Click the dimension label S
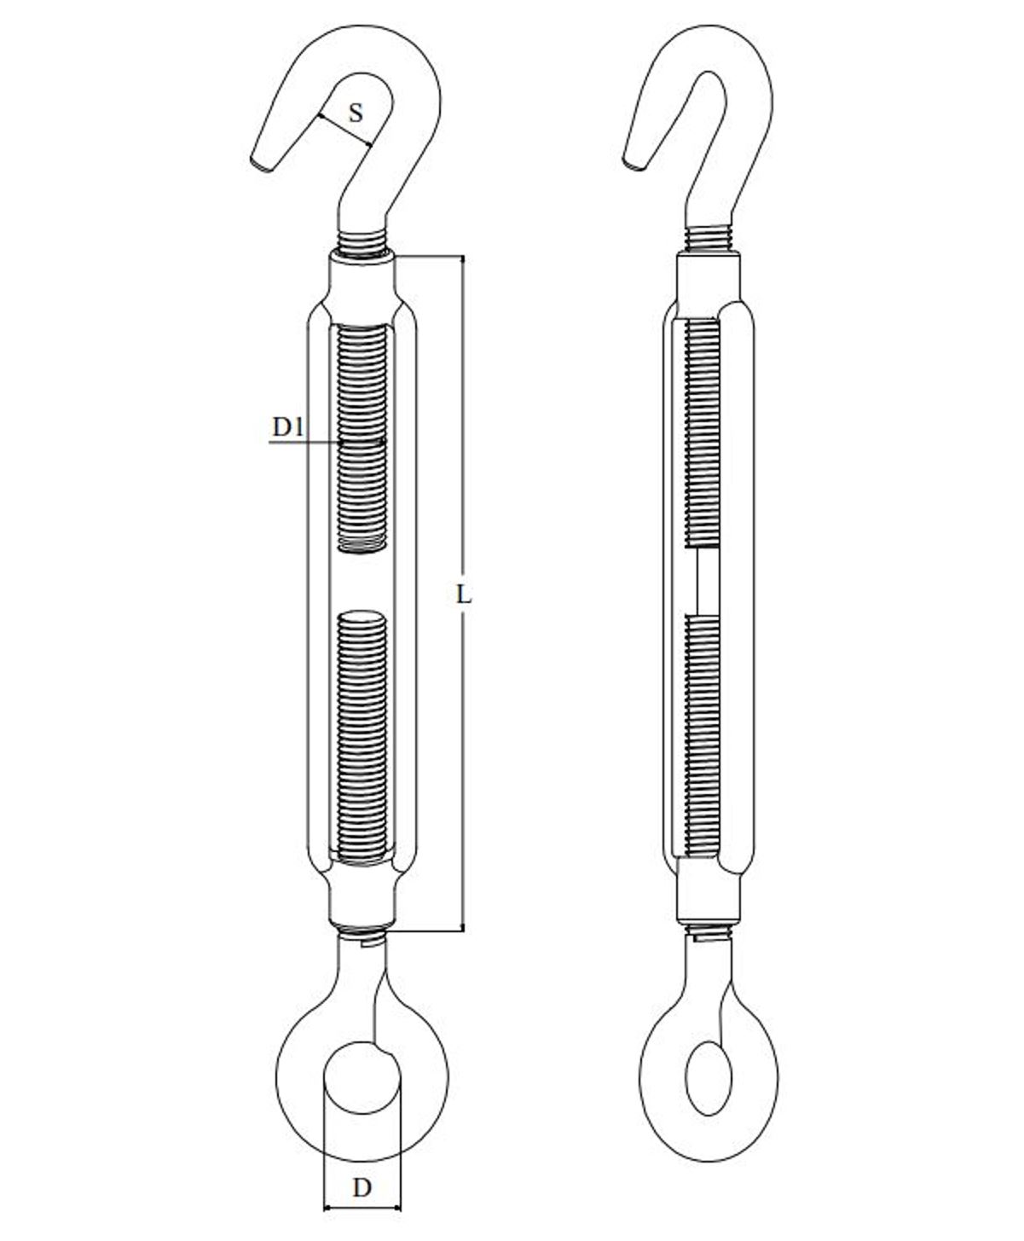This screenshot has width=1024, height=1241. pyautogui.click(x=356, y=113)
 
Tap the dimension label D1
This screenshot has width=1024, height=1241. pyautogui.click(x=288, y=427)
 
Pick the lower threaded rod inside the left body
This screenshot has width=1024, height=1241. pyautogui.click(x=362, y=736)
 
